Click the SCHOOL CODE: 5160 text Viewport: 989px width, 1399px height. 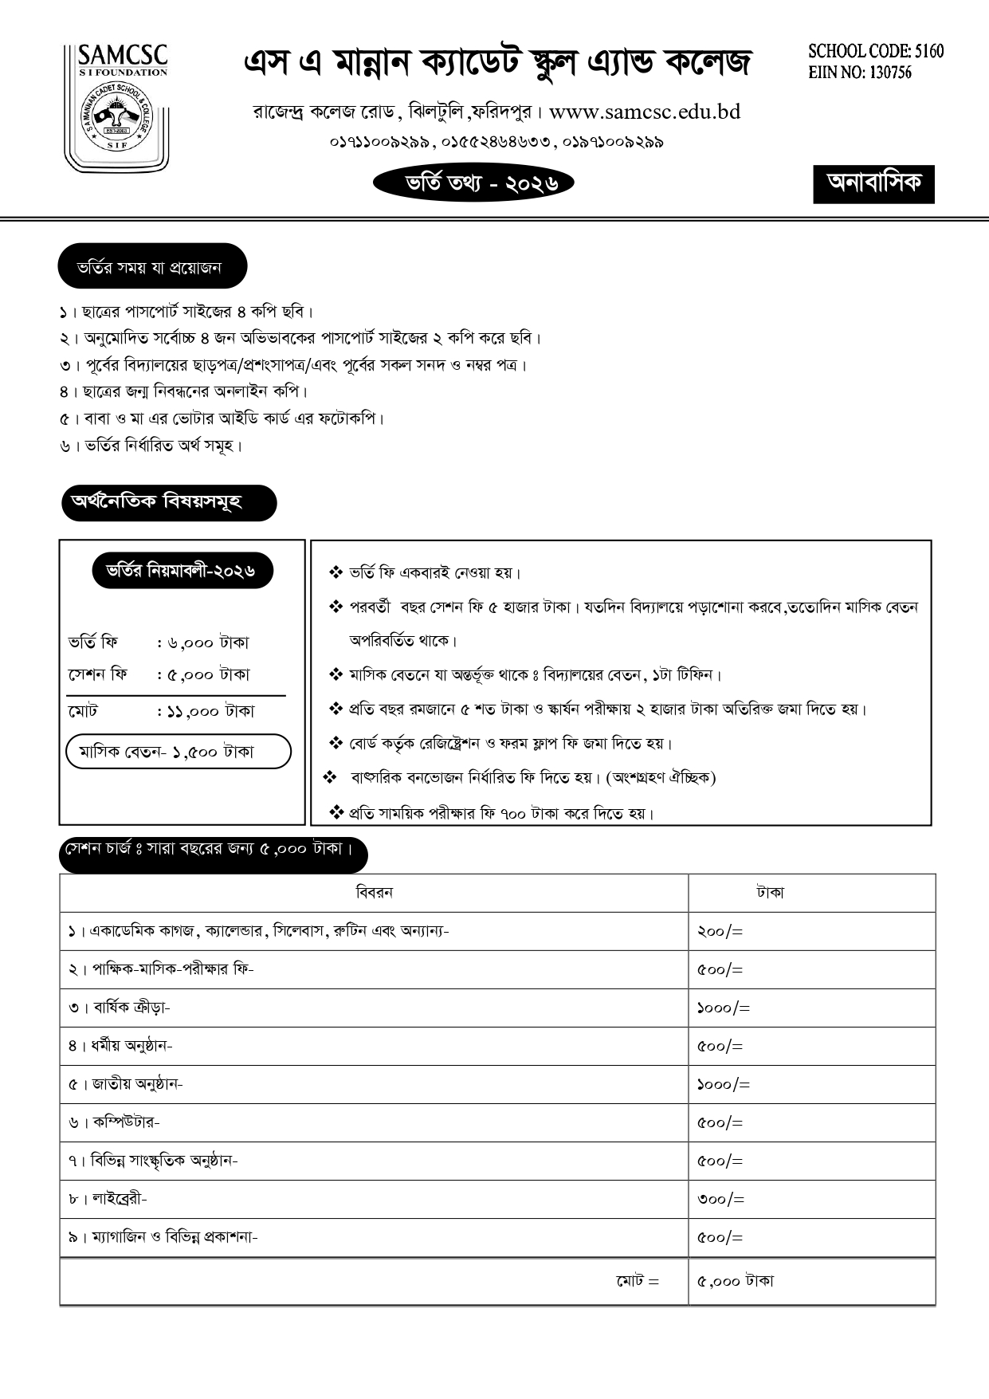[875, 52]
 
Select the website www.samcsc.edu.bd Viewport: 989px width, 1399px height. [644, 112]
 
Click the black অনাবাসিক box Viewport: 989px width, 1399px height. [873, 184]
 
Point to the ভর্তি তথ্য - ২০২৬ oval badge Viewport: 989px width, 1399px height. [473, 183]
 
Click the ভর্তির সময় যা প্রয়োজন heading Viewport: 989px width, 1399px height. [151, 268]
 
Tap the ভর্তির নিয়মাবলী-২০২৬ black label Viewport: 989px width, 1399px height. [182, 571]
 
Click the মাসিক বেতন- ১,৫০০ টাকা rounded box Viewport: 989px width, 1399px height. [179, 751]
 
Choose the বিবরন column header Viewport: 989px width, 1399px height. [374, 892]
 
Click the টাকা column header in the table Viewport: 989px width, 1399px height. [770, 893]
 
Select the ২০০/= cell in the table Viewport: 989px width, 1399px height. [720, 931]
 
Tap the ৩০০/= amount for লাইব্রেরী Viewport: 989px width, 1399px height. [720, 1199]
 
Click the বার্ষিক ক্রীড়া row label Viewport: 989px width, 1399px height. [120, 1008]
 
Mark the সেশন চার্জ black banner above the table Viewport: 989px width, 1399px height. [212, 851]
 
